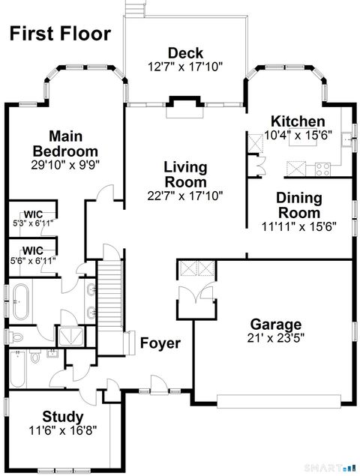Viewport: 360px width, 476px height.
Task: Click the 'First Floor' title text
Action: (60, 34)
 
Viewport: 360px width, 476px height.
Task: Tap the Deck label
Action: (185, 52)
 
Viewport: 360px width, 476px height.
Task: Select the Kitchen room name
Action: (298, 121)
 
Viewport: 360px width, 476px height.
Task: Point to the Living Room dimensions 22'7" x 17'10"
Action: (185, 196)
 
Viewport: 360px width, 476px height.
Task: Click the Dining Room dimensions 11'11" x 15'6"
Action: (298, 225)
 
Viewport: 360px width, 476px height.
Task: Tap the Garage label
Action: (276, 325)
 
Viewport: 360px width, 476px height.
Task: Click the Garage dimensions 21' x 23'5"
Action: (276, 339)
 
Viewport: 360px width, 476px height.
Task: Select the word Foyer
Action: (160, 343)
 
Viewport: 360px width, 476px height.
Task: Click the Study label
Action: (63, 416)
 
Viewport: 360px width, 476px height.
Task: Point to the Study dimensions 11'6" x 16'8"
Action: (63, 430)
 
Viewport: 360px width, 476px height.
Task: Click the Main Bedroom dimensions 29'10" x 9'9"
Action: (65, 163)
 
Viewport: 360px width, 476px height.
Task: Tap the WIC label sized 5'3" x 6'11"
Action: (32, 214)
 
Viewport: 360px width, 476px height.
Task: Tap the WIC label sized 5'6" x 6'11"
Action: (32, 250)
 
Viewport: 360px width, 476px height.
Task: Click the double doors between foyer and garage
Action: (196, 299)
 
